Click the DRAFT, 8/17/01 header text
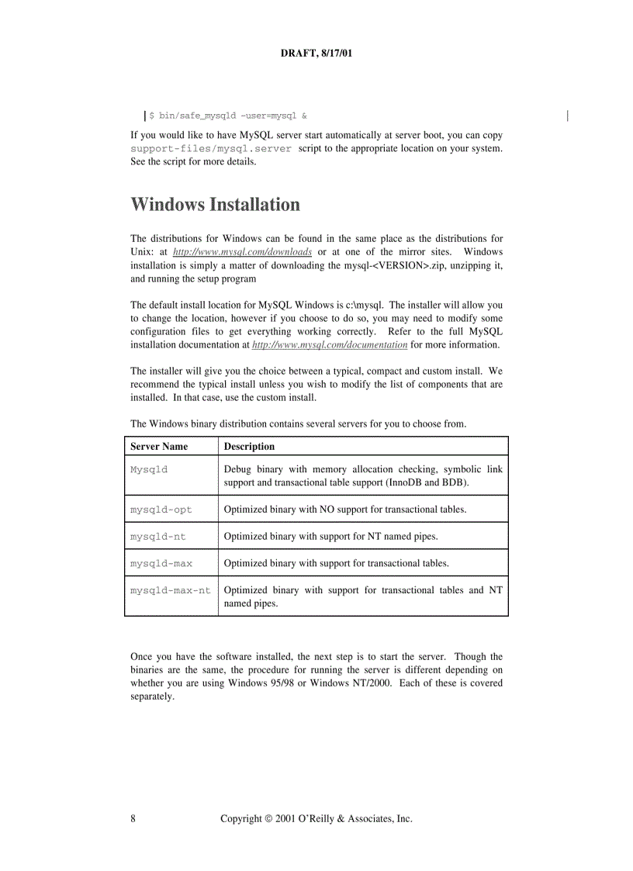point(316,54)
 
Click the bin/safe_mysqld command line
point(228,116)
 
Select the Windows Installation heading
point(215,205)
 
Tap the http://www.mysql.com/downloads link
point(242,252)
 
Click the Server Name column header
point(159,447)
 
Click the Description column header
point(249,447)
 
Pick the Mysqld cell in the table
point(149,469)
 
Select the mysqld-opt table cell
point(161,510)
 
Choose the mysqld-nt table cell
point(157,536)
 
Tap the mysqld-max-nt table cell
point(170,590)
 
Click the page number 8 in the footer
point(133,819)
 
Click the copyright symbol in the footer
point(268,819)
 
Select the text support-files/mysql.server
point(211,148)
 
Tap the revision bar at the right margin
point(568,116)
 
